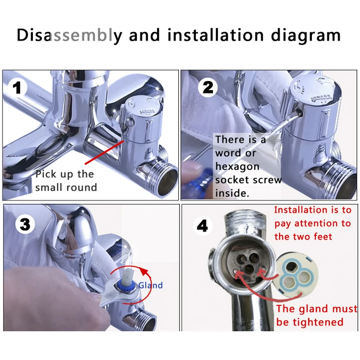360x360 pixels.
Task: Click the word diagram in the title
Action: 306,36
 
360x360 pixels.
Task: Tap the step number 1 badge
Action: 18,88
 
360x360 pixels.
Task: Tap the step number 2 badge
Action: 207,87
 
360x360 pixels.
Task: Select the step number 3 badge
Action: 25,224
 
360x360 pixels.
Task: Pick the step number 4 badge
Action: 202,226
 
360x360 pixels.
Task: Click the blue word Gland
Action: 151,285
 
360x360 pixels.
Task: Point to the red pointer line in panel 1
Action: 104,153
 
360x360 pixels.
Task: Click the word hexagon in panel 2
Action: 238,166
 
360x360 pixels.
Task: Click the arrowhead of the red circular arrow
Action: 144,273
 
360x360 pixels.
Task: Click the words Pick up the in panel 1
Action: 65,175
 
